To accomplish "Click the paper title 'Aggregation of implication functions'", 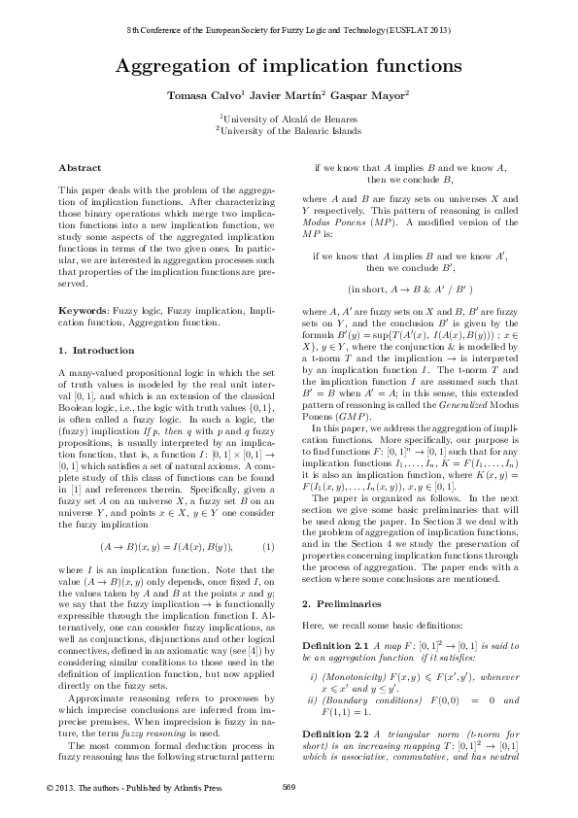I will (x=289, y=66).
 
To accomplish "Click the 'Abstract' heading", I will (x=74, y=168).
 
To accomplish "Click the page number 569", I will (x=289, y=785).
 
